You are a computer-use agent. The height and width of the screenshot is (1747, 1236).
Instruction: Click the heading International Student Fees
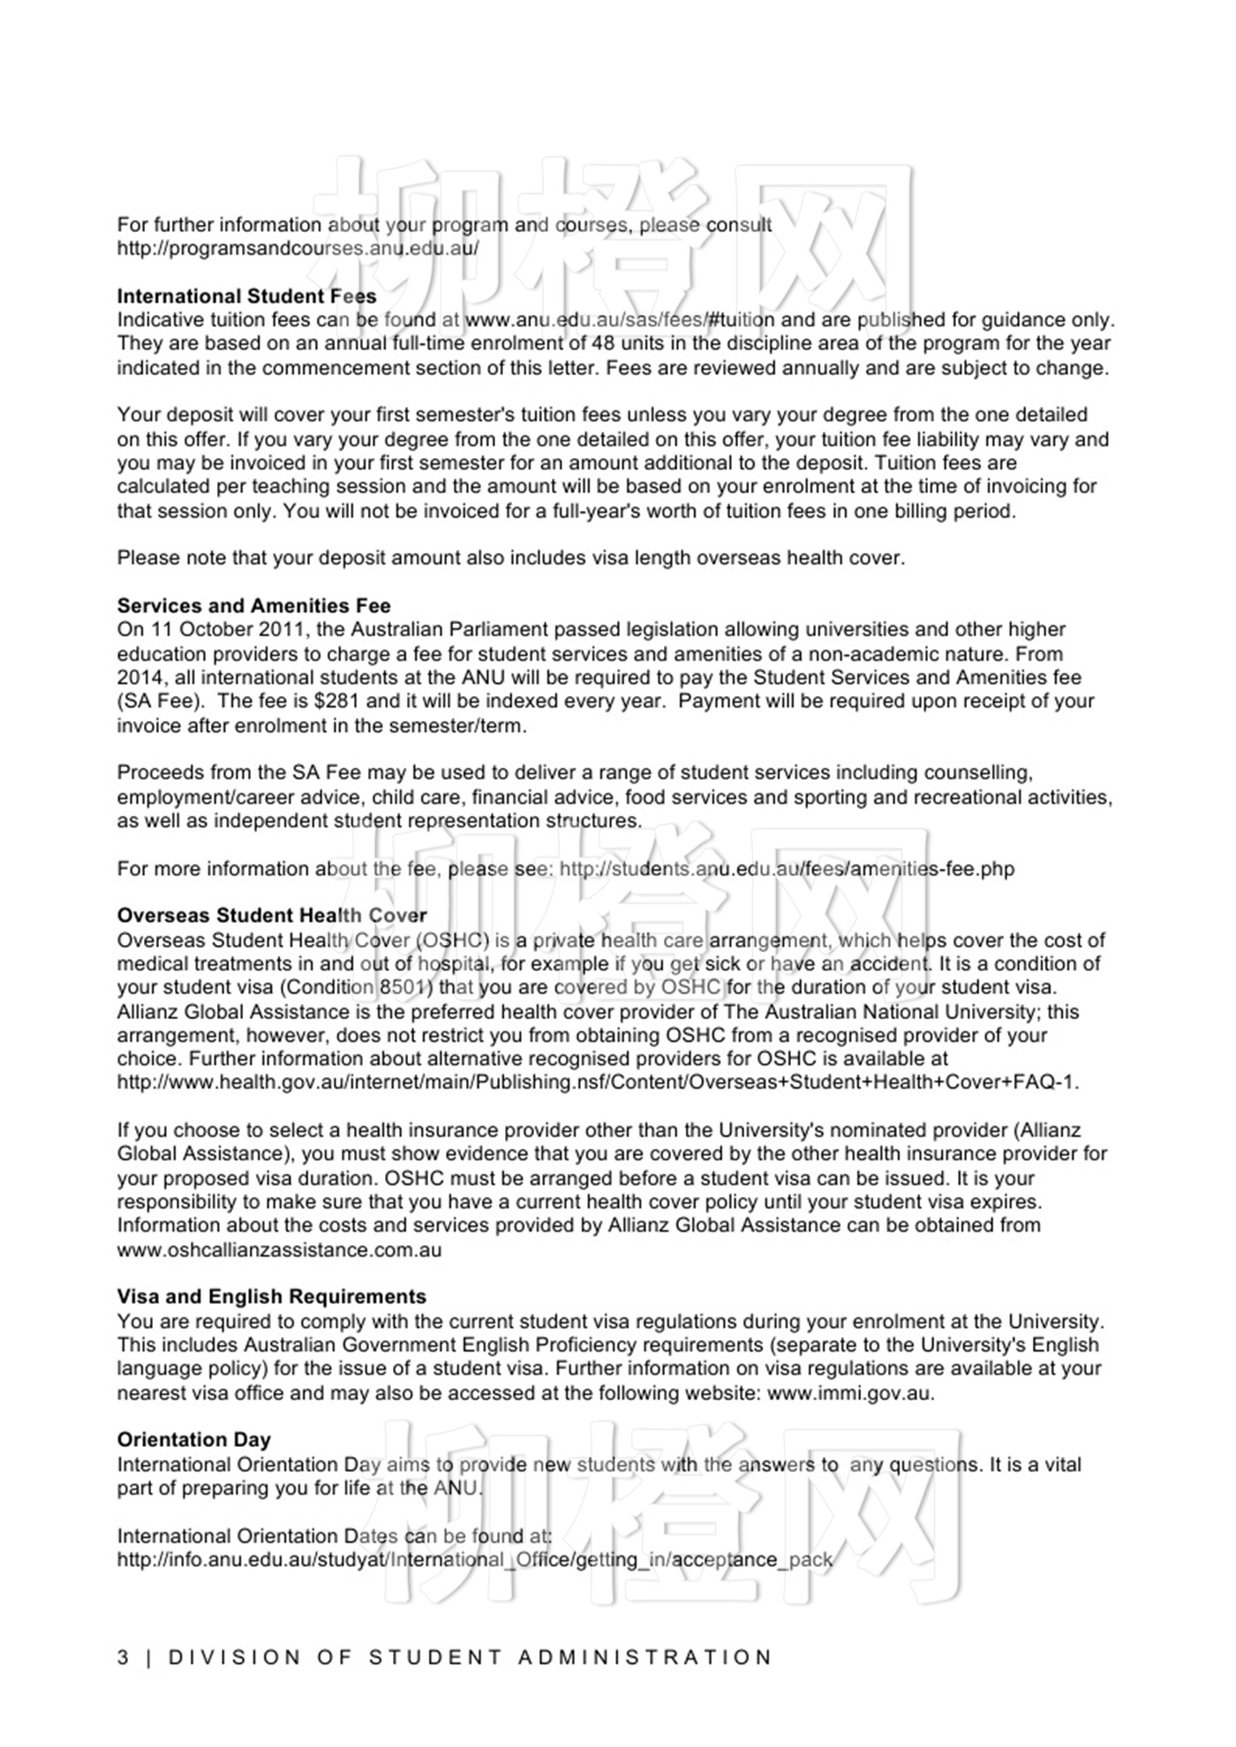click(x=246, y=296)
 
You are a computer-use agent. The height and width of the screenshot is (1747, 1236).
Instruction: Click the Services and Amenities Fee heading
click(x=253, y=606)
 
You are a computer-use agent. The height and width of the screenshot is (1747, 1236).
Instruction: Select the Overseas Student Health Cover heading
click(x=272, y=916)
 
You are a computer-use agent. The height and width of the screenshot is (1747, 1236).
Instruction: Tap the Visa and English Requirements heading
click(x=271, y=1297)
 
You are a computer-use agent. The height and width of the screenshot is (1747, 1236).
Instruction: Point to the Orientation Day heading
click(x=193, y=1440)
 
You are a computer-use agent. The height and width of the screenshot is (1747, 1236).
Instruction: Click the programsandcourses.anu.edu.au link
click(x=298, y=248)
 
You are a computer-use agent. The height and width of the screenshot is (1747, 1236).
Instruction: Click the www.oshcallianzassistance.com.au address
click(x=279, y=1250)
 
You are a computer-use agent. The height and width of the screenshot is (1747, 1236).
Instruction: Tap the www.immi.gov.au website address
click(x=849, y=1394)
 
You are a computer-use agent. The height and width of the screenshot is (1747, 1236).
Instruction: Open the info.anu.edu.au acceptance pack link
click(x=474, y=1560)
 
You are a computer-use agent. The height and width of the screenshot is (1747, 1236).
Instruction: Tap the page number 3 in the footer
click(x=123, y=1658)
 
